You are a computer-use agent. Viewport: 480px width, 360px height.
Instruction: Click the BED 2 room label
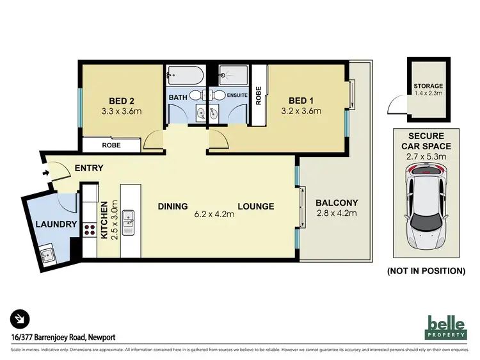121,100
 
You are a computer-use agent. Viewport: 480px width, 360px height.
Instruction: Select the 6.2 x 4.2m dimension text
214,215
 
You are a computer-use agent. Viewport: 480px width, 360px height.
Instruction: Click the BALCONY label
336,202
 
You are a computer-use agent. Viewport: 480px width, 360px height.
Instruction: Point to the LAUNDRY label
57,224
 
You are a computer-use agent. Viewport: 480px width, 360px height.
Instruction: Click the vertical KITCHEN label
105,220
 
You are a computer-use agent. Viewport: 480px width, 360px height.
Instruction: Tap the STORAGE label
428,86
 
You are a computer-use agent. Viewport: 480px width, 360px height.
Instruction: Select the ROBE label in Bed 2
110,145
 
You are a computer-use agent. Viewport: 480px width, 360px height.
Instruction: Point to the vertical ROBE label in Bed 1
259,96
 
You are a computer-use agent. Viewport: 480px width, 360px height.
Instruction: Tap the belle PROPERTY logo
447,327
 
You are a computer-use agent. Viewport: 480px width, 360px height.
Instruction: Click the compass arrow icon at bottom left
20,318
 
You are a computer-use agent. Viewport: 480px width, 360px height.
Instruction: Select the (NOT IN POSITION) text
426,271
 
